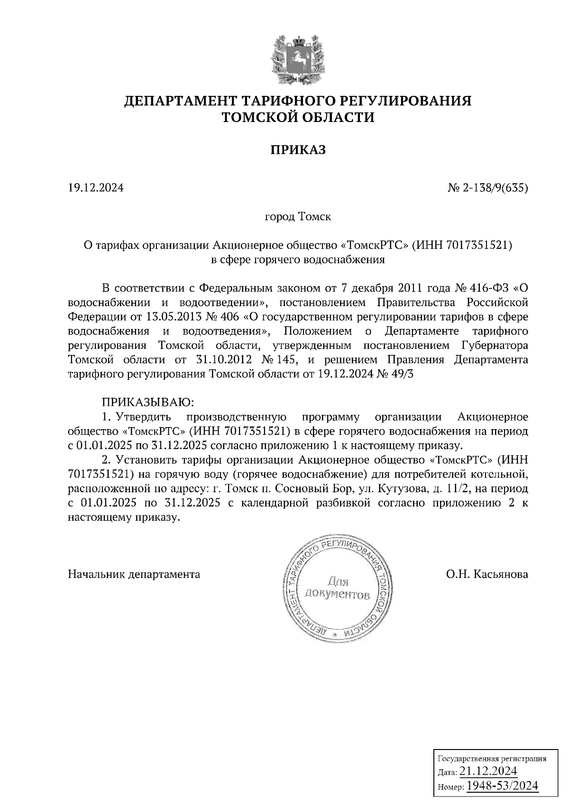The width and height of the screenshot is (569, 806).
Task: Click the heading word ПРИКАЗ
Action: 298,150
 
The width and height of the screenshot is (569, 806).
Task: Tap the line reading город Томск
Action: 298,217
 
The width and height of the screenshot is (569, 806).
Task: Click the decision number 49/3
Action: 402,374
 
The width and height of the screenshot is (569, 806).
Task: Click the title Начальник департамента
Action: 134,574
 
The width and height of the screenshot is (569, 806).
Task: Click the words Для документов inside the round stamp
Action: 337,589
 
